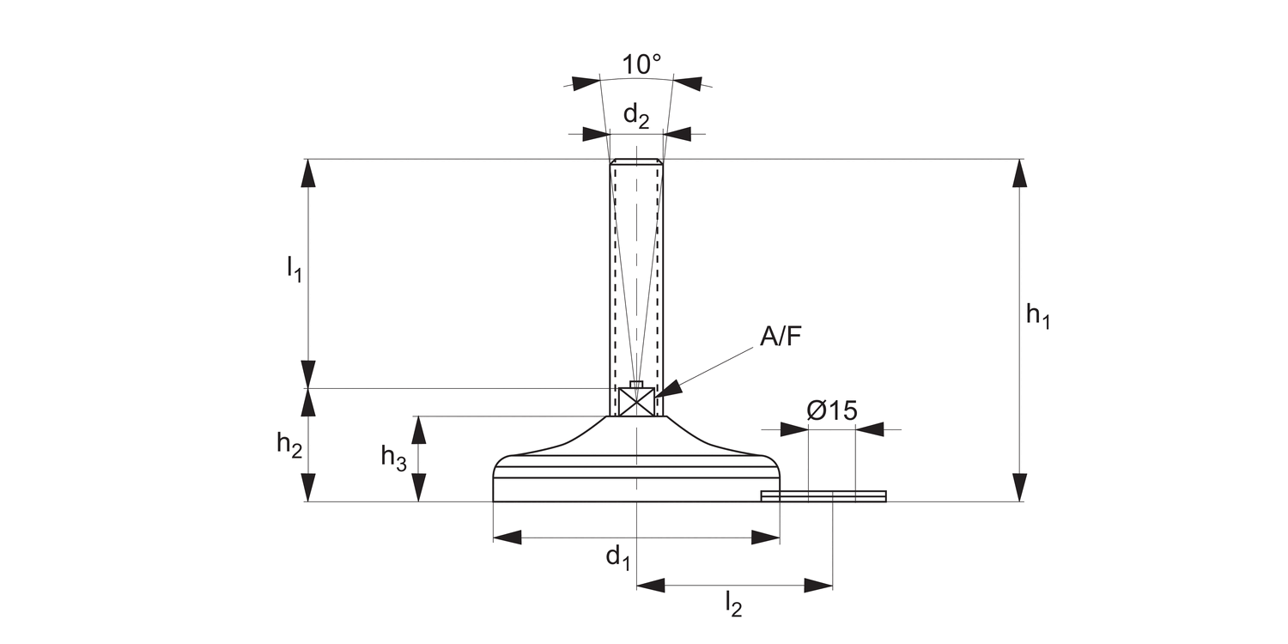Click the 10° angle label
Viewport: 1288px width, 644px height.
click(x=642, y=65)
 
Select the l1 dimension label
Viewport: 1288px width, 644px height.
click(x=295, y=269)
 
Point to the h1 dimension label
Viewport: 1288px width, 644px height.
click(x=1038, y=316)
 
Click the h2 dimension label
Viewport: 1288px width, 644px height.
click(x=289, y=445)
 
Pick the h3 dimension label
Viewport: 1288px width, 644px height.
click(x=394, y=457)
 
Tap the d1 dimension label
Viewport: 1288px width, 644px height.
click(x=618, y=558)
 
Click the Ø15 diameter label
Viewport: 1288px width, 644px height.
click(x=832, y=410)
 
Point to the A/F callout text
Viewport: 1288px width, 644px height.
click(x=780, y=336)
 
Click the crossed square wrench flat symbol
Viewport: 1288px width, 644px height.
click(x=636, y=402)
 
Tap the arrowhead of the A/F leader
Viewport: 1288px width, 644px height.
click(x=669, y=388)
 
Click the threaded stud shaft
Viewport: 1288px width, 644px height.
click(x=636, y=275)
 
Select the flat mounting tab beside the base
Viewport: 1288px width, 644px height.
click(x=824, y=495)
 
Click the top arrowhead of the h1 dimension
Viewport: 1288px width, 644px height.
click(x=1019, y=173)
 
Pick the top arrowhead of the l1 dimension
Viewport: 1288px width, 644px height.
click(x=309, y=173)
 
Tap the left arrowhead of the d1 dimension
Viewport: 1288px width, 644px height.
click(x=507, y=538)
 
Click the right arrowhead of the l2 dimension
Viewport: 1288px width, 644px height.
click(x=819, y=586)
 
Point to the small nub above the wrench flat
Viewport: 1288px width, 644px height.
click(x=636, y=384)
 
